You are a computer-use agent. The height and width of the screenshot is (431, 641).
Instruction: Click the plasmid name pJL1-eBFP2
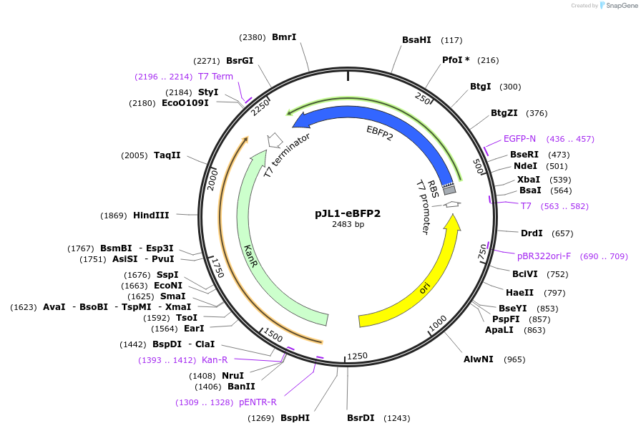(348, 213)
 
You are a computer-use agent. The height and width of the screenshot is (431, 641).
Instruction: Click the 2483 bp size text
(348, 224)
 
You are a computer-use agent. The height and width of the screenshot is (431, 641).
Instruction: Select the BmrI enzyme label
(284, 37)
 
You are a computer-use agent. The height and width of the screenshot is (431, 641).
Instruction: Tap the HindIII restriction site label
(151, 215)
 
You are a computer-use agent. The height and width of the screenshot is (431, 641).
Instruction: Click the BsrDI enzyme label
(361, 418)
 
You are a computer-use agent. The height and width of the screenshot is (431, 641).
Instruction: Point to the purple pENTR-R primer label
(258, 402)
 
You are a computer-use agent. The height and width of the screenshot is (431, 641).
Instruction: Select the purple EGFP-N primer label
(519, 138)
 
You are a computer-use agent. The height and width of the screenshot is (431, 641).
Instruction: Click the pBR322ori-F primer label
(544, 256)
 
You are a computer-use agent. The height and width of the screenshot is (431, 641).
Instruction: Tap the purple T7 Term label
(215, 77)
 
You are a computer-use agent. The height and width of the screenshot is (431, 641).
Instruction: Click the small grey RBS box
(449, 190)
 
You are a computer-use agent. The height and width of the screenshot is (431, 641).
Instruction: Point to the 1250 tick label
(357, 356)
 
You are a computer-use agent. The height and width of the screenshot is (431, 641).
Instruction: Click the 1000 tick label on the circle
(437, 323)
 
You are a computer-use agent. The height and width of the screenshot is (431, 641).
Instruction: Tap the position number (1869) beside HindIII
(114, 215)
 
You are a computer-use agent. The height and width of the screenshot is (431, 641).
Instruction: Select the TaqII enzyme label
(167, 155)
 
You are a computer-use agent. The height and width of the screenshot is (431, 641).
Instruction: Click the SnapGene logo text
(620, 6)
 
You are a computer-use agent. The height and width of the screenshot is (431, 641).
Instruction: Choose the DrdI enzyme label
(532, 233)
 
